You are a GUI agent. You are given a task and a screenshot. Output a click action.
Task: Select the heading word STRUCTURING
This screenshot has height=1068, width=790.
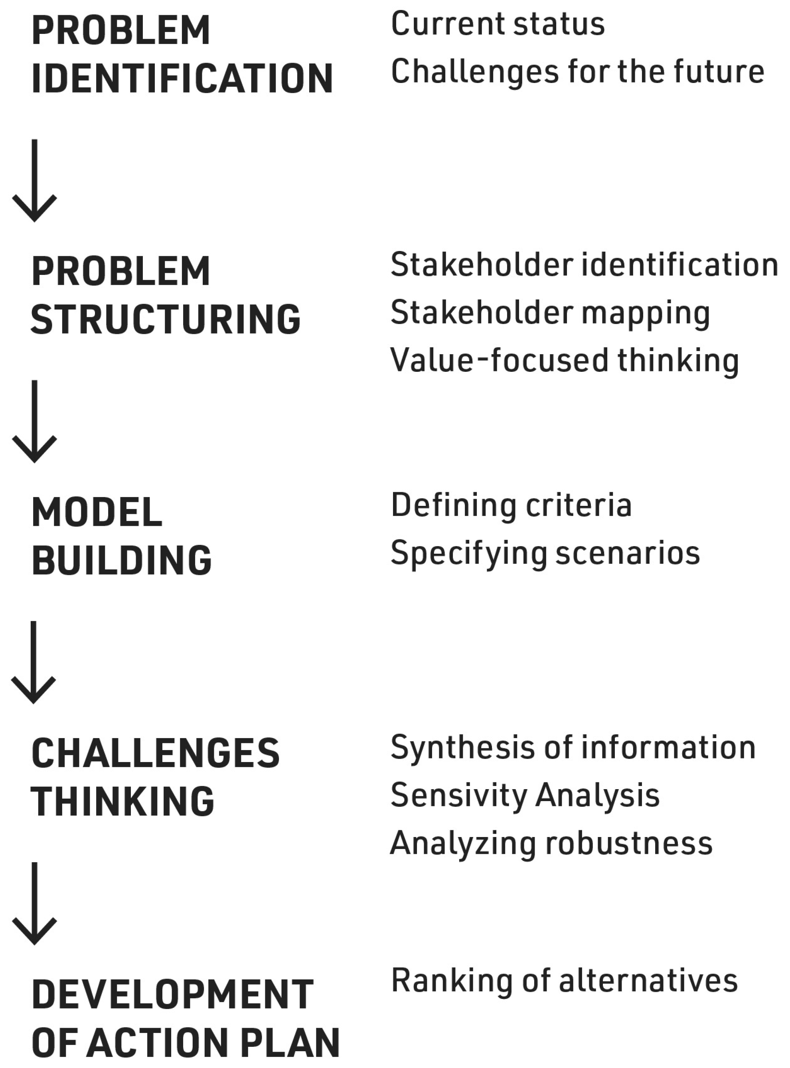(166, 319)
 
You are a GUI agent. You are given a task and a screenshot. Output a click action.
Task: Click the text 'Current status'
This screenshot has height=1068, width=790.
(497, 24)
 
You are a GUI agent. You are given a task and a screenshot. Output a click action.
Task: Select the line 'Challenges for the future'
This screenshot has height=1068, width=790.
(577, 72)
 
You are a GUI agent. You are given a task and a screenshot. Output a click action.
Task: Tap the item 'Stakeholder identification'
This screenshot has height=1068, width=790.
(584, 265)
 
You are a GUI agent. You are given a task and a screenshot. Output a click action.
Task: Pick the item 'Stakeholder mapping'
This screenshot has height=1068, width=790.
(550, 313)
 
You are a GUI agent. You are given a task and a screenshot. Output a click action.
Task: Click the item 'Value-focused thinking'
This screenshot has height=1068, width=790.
(564, 361)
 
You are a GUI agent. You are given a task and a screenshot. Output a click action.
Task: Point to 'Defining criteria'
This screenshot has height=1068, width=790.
(511, 506)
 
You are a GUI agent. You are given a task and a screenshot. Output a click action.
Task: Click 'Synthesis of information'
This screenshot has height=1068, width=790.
(573, 747)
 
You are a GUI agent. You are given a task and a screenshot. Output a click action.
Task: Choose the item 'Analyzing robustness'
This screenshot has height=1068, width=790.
(551, 843)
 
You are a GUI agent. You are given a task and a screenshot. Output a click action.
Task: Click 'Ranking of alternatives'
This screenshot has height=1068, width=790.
(564, 980)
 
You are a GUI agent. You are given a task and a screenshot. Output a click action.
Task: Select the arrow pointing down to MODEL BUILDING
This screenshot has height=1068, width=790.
(34, 422)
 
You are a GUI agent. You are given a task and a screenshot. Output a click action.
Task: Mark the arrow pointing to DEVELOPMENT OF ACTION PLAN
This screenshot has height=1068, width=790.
(34, 904)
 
